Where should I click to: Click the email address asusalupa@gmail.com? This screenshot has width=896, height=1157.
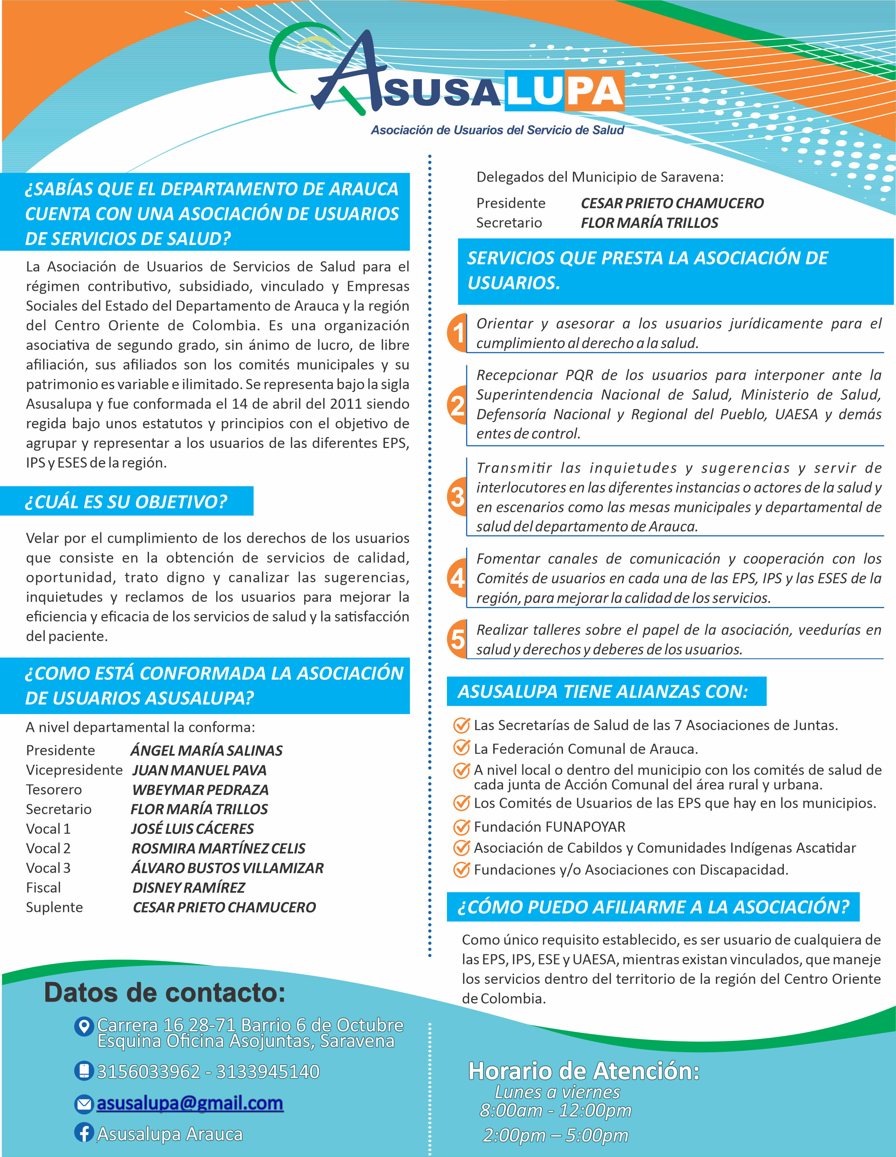(x=190, y=1103)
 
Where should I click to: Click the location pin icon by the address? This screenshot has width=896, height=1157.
(x=83, y=1027)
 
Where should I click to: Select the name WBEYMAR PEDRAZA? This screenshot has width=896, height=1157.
(x=200, y=790)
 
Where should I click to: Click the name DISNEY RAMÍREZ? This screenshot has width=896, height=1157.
(x=189, y=887)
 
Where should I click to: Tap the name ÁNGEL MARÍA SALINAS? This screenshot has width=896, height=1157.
(x=206, y=751)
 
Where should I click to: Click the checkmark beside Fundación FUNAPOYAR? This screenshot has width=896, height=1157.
(x=462, y=827)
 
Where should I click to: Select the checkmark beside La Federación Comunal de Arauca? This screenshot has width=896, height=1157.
(x=462, y=748)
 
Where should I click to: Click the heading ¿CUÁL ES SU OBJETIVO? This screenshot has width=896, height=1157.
(x=126, y=501)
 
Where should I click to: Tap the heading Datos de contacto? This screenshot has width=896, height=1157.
(x=164, y=992)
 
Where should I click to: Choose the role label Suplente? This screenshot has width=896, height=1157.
(x=55, y=907)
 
